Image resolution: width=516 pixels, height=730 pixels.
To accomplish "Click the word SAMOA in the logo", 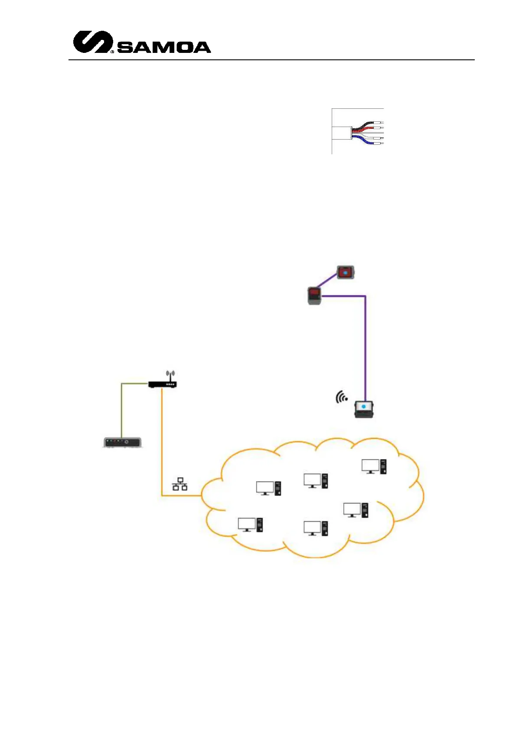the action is click(164, 47).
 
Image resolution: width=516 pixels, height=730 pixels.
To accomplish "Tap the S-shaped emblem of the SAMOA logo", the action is click(92, 42).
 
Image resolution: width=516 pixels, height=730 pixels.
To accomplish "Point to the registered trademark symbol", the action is click(112, 52).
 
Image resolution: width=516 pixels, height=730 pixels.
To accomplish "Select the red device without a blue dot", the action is click(315, 296).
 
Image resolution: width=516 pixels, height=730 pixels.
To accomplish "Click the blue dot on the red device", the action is click(345, 272).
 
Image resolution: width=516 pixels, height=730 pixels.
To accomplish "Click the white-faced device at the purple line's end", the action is click(364, 409).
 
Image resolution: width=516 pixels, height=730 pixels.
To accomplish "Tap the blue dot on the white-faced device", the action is click(364, 407).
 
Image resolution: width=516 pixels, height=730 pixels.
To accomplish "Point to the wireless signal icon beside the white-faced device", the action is click(341, 397).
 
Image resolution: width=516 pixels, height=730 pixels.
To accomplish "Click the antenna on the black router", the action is click(170, 375).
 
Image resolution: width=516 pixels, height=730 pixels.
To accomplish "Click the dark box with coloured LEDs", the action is click(122, 443).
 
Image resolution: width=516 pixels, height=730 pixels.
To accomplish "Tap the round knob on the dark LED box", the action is click(127, 442).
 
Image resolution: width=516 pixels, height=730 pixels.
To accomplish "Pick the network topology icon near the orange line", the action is click(180, 484).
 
